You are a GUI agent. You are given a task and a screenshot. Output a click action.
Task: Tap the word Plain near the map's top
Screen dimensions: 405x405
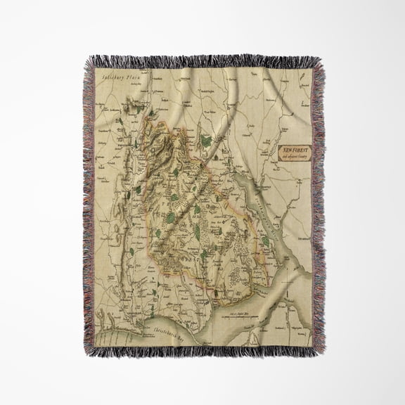tap(134, 82)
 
